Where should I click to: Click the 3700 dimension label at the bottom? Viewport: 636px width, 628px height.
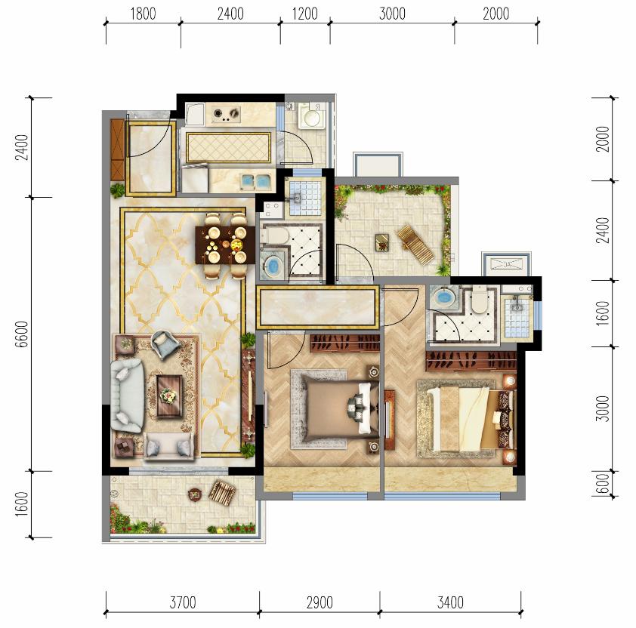(183, 602)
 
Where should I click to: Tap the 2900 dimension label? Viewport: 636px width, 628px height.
(320, 602)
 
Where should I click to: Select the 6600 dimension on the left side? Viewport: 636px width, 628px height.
(22, 334)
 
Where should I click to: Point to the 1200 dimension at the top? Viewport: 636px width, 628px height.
(304, 14)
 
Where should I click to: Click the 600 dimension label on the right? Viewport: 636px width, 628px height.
(604, 484)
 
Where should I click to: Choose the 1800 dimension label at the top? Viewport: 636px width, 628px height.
(143, 14)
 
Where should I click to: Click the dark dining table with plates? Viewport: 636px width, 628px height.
(225, 245)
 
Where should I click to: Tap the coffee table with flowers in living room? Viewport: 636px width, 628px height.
(169, 396)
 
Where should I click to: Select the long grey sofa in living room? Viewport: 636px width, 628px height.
(128, 396)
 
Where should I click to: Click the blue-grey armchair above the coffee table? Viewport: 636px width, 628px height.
(165, 344)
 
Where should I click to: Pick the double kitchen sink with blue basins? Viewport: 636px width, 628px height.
(256, 181)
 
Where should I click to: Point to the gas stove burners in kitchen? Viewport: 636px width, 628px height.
(226, 114)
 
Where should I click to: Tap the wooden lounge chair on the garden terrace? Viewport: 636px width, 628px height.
(415, 244)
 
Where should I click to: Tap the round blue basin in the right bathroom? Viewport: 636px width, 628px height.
(443, 297)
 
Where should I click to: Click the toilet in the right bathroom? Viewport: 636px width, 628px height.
(479, 300)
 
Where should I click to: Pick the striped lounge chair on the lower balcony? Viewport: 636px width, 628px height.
(221, 492)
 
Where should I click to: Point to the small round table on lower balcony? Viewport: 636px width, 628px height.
(195, 494)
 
